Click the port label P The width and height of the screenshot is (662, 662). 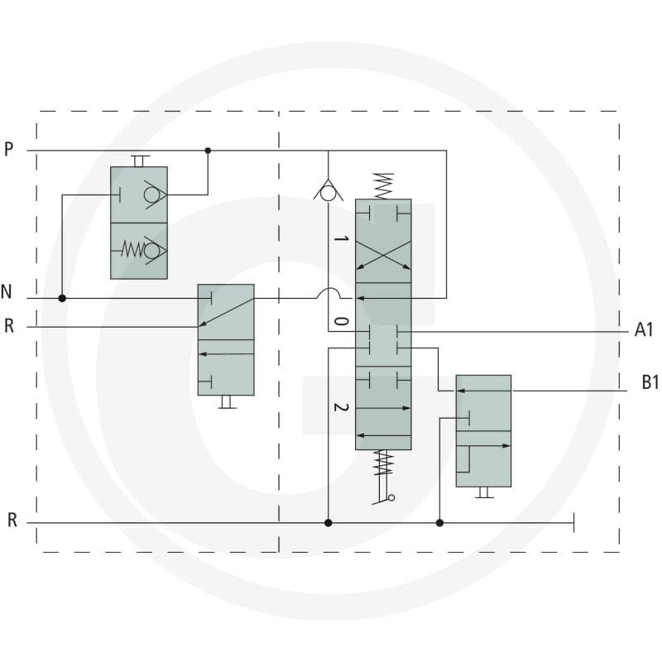8,149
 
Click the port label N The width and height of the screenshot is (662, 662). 6,292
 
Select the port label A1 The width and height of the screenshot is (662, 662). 644,329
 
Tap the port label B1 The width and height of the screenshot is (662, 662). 650,382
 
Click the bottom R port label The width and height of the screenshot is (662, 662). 12,520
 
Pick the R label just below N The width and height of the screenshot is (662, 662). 9,326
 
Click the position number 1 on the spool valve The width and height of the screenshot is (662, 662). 341,238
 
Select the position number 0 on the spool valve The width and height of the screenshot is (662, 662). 341,321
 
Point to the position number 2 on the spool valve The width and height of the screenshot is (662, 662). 341,407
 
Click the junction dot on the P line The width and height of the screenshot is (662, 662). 208,151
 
